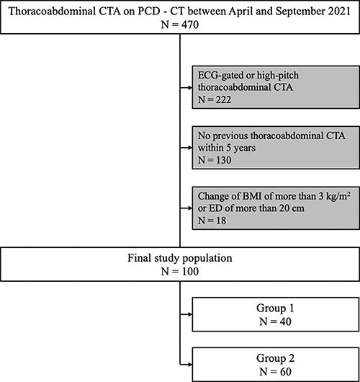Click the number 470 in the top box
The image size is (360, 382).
tap(189, 25)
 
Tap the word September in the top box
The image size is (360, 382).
tap(299, 12)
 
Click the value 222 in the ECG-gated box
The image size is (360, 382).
tap(222, 99)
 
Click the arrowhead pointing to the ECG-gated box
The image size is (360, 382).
tap(190, 88)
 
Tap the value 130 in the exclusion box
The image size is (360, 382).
tap(222, 160)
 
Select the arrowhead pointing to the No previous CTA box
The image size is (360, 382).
tap(190, 148)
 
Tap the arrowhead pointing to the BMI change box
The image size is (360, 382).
tap(190, 208)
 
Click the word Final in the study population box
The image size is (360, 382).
tap(138, 258)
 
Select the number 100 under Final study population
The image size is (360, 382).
tap(189, 272)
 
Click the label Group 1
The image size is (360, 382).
tap(275, 308)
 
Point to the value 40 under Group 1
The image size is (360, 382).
tap(285, 322)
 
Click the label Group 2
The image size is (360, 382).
tap(275, 358)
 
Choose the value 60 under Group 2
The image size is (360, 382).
tap(285, 372)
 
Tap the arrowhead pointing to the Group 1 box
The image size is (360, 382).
tap(190, 314)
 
